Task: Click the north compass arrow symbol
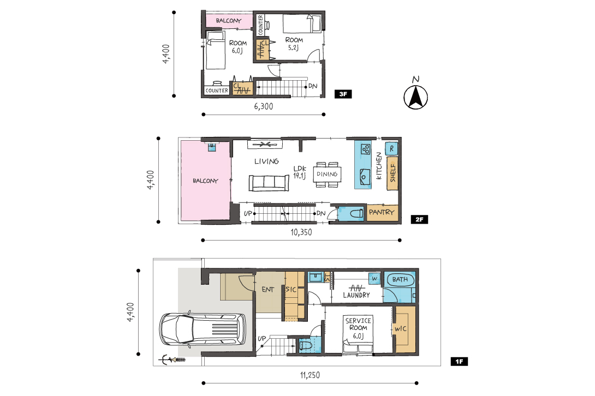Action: (x=415, y=98)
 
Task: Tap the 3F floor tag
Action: (x=343, y=94)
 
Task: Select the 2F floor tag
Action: (x=419, y=219)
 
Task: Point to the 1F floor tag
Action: (x=459, y=362)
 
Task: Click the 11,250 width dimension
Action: (x=310, y=375)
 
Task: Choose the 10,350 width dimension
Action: (x=301, y=232)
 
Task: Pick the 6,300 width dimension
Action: (x=263, y=106)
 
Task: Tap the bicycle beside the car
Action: (x=172, y=359)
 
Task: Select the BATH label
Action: (x=400, y=280)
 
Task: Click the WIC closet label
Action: (x=400, y=329)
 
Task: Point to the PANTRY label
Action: (x=382, y=212)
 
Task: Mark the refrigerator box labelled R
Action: (x=391, y=149)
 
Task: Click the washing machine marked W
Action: (x=374, y=279)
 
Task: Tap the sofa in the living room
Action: (x=269, y=183)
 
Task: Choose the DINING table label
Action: (x=327, y=174)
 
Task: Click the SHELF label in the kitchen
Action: (x=392, y=173)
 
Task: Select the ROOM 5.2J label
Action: (x=294, y=44)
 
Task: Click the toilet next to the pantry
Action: (x=356, y=214)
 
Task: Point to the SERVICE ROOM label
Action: (x=358, y=328)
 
